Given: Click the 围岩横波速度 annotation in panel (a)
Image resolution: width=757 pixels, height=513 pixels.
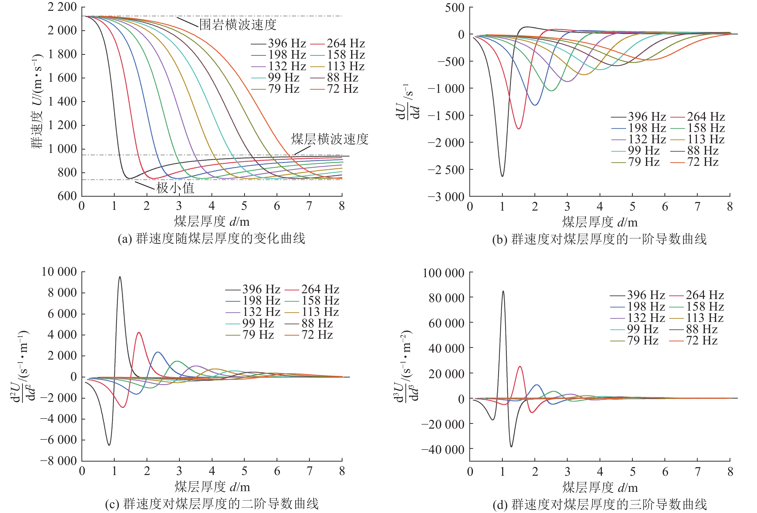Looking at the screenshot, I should [x=238, y=25].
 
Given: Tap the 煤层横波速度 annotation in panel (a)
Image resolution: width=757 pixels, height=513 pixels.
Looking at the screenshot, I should [x=330, y=139].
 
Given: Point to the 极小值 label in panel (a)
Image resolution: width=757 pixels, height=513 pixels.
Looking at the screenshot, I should [x=175, y=188].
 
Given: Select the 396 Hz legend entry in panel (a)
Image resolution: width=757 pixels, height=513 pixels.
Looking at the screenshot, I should [x=287, y=43].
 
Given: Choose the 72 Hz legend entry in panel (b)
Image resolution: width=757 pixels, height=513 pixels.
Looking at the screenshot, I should [x=703, y=162].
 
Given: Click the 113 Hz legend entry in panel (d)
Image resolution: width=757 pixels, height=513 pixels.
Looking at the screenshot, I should [x=705, y=318].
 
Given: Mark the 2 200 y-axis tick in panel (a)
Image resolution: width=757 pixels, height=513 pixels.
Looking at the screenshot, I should [x=62, y=7].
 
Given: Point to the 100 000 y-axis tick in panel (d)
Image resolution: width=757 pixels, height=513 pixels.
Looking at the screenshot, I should [x=443, y=273].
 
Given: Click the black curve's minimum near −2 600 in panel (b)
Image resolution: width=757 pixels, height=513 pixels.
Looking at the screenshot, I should [x=502, y=176].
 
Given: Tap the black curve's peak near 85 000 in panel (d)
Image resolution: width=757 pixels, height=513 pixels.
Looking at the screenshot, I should [x=503, y=291].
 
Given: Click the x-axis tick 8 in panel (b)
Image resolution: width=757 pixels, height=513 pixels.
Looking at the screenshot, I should [x=730, y=207].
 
